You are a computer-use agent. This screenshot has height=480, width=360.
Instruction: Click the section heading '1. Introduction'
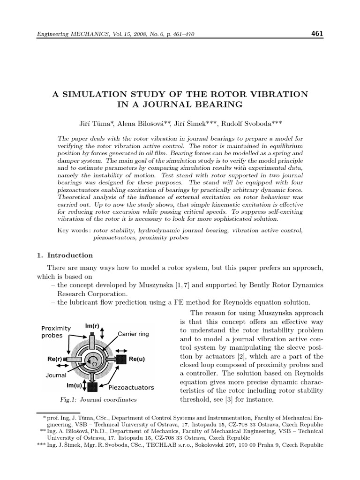point(65,255)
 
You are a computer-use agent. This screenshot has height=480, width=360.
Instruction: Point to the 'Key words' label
point(74,230)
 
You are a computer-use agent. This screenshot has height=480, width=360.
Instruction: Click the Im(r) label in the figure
point(91,326)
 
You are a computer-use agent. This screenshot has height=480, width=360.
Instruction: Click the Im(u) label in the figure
point(74,385)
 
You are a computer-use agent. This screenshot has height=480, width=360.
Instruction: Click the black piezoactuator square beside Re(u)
point(121,359)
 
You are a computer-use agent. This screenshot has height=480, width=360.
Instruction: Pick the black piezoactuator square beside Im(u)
point(92,387)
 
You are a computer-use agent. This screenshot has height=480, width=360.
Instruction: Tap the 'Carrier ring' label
point(133,334)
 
